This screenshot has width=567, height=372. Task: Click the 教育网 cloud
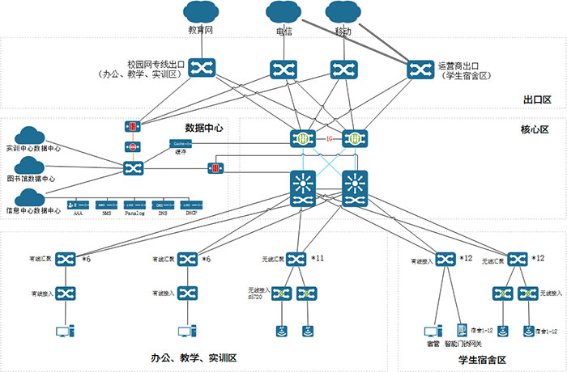[200, 14]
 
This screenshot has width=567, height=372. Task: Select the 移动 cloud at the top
[343, 14]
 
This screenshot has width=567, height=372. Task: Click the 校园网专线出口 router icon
[200, 68]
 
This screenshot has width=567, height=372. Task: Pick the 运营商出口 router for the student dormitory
[420, 69]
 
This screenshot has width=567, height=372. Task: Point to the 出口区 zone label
[537, 100]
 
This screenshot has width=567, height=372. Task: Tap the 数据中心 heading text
[204, 128]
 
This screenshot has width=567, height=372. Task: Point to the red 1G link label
[329, 138]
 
